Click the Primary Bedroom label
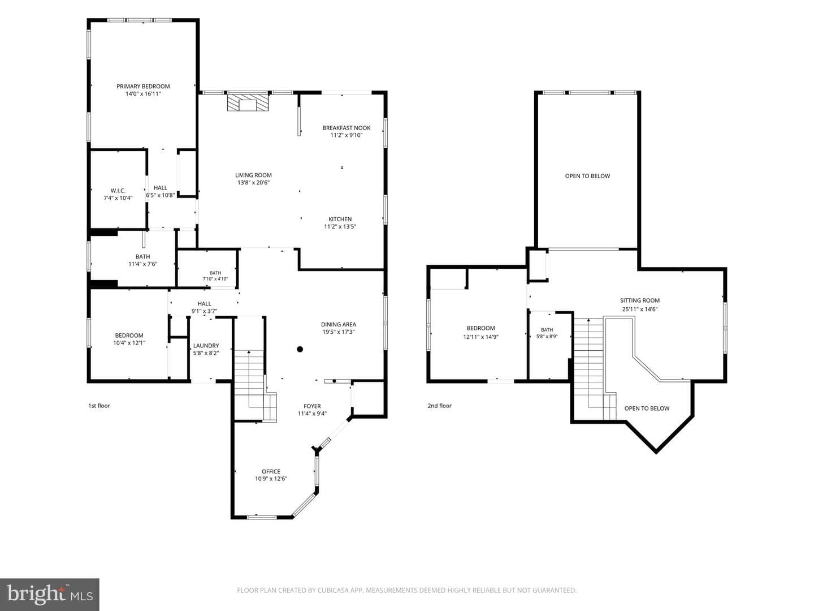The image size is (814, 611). (x=143, y=87)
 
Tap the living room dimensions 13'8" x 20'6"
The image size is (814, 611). (x=254, y=183)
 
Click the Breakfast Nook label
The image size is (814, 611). (x=347, y=128)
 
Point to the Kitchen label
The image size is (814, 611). (x=340, y=220)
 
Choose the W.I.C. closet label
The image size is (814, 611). (x=118, y=191)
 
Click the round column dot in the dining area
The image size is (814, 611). (x=300, y=349)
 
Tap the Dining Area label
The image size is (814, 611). (x=339, y=325)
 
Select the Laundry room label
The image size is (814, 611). (x=206, y=346)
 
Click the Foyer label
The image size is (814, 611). (x=312, y=406)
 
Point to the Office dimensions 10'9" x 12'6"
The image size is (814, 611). (x=271, y=479)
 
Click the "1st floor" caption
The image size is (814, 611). (x=99, y=406)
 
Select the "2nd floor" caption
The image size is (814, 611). (x=439, y=406)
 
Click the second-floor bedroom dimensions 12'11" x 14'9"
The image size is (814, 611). (x=480, y=337)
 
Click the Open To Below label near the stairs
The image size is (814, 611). (x=647, y=408)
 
